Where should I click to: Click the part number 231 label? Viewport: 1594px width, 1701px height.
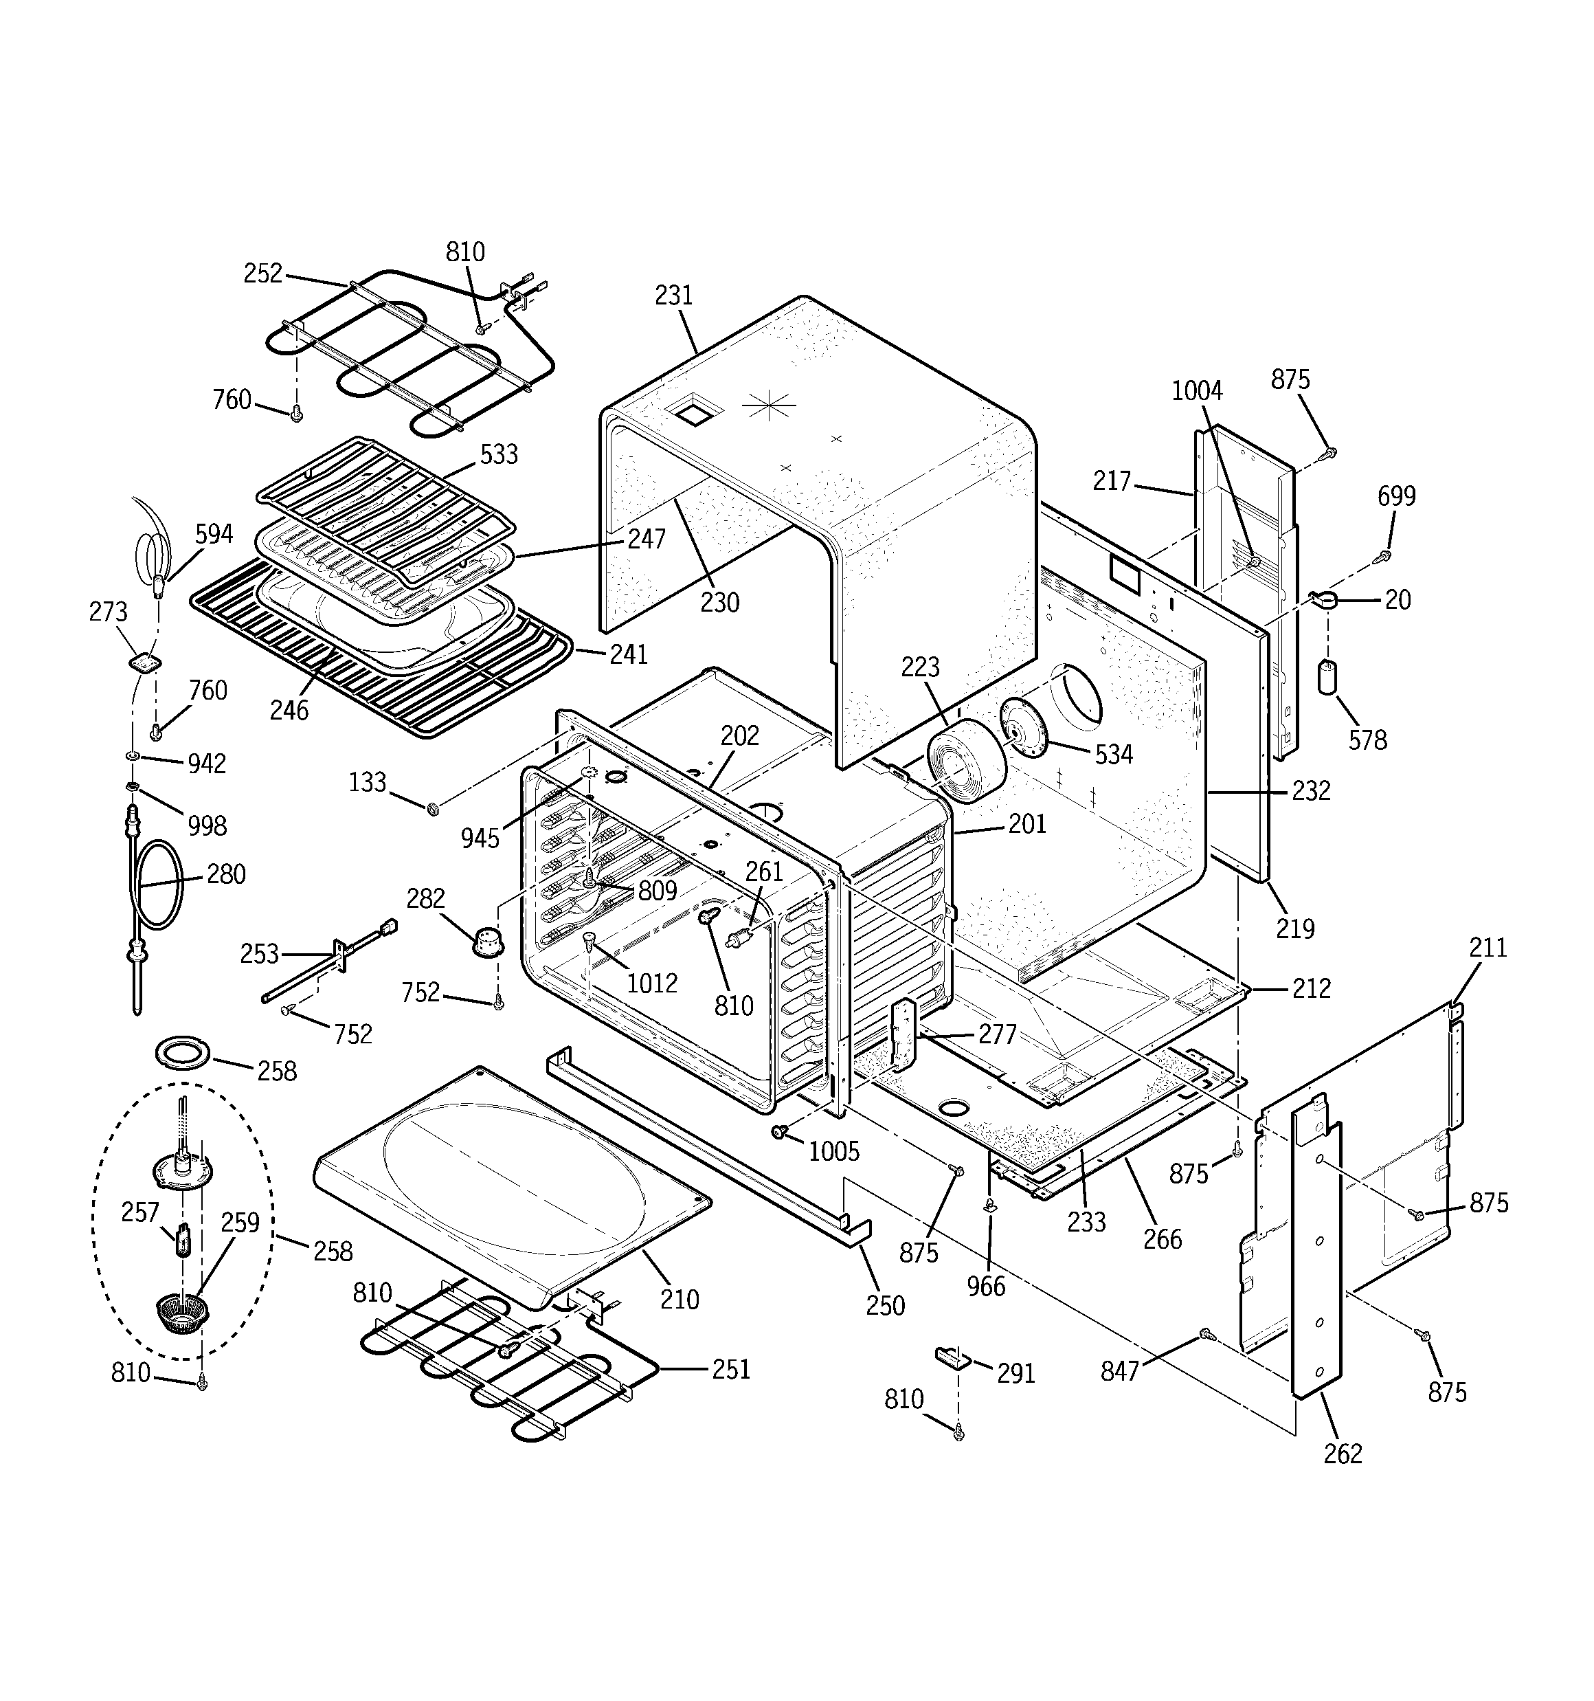(673, 296)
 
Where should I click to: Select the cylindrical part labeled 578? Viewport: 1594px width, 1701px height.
(1327, 677)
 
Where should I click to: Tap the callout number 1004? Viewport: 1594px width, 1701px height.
(1196, 391)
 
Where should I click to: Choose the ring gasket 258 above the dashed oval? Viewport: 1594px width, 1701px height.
(183, 1054)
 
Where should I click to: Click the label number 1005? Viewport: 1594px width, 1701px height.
(833, 1152)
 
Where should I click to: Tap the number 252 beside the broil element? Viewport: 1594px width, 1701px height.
(262, 273)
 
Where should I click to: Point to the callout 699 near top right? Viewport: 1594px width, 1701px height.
(1396, 496)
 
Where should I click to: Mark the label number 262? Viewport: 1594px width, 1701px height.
(1343, 1454)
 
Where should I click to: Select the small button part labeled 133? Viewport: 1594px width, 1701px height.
(433, 807)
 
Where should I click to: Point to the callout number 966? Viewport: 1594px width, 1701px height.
(986, 1286)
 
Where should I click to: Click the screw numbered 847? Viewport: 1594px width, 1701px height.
(1206, 1333)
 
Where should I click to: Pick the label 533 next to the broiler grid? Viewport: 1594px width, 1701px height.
(498, 454)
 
